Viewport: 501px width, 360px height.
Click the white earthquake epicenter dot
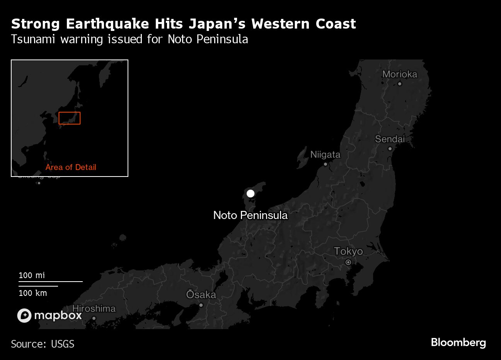(x=250, y=193)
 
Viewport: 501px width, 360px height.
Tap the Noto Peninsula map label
(x=250, y=215)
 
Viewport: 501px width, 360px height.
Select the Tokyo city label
(x=348, y=251)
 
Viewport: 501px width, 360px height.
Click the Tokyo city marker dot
(x=348, y=262)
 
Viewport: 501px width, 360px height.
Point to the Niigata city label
(x=325, y=155)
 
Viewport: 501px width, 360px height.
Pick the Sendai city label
(x=390, y=139)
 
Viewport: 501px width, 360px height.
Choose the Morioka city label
(x=400, y=74)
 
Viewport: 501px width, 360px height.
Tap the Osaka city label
(x=201, y=295)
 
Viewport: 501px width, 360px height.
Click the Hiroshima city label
(x=94, y=309)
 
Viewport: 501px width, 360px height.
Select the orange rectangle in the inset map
(x=70, y=118)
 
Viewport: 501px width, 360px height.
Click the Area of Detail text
(x=71, y=167)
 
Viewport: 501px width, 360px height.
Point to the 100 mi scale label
(x=32, y=275)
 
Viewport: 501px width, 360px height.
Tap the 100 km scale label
(x=33, y=293)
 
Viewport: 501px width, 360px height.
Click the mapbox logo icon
(x=24, y=316)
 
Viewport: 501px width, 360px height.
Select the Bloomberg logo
(x=458, y=343)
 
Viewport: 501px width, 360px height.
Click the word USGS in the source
(x=62, y=344)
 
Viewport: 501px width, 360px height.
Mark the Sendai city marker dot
(x=390, y=149)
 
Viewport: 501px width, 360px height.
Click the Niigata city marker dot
(x=325, y=164)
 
